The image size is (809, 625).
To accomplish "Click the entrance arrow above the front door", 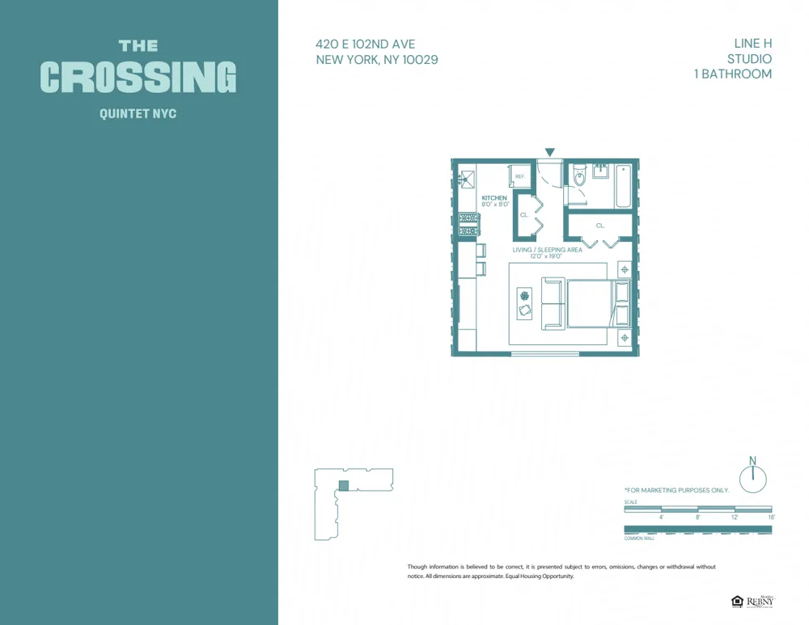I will pyautogui.click(x=550, y=152).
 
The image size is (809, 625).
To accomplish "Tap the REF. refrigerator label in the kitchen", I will pyautogui.click(x=519, y=176).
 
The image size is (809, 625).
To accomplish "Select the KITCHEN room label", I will pyautogui.click(x=494, y=198).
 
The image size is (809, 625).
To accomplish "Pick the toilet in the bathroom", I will pyautogui.click(x=579, y=177).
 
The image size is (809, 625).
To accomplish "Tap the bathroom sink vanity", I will pyautogui.click(x=601, y=171).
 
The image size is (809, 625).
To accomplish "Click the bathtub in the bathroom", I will pyautogui.click(x=623, y=185).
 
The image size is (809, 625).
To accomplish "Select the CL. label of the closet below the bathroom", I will pyautogui.click(x=600, y=226).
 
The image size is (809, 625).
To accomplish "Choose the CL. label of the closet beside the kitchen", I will pyautogui.click(x=524, y=215).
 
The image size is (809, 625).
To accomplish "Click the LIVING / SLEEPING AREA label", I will pyautogui.click(x=547, y=250).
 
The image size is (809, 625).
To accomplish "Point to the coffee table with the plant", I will pyautogui.click(x=524, y=303).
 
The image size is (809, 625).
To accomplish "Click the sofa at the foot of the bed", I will pyautogui.click(x=553, y=303).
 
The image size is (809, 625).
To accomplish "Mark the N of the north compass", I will pyautogui.click(x=752, y=461).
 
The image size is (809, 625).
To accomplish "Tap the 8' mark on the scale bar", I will pyautogui.click(x=697, y=517).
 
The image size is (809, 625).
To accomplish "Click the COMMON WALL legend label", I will pyautogui.click(x=639, y=538).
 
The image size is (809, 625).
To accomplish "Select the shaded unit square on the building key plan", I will pyautogui.click(x=344, y=485).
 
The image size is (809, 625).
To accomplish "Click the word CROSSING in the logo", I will pyautogui.click(x=138, y=78).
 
